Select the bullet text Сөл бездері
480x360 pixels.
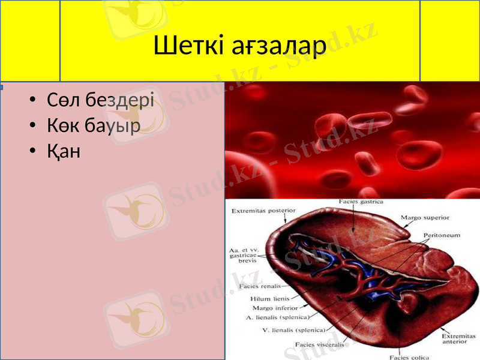101,100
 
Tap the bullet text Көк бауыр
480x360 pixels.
94,125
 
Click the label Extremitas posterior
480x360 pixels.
263,211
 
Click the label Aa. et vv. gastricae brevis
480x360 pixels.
244,255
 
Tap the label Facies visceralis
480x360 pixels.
320,344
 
